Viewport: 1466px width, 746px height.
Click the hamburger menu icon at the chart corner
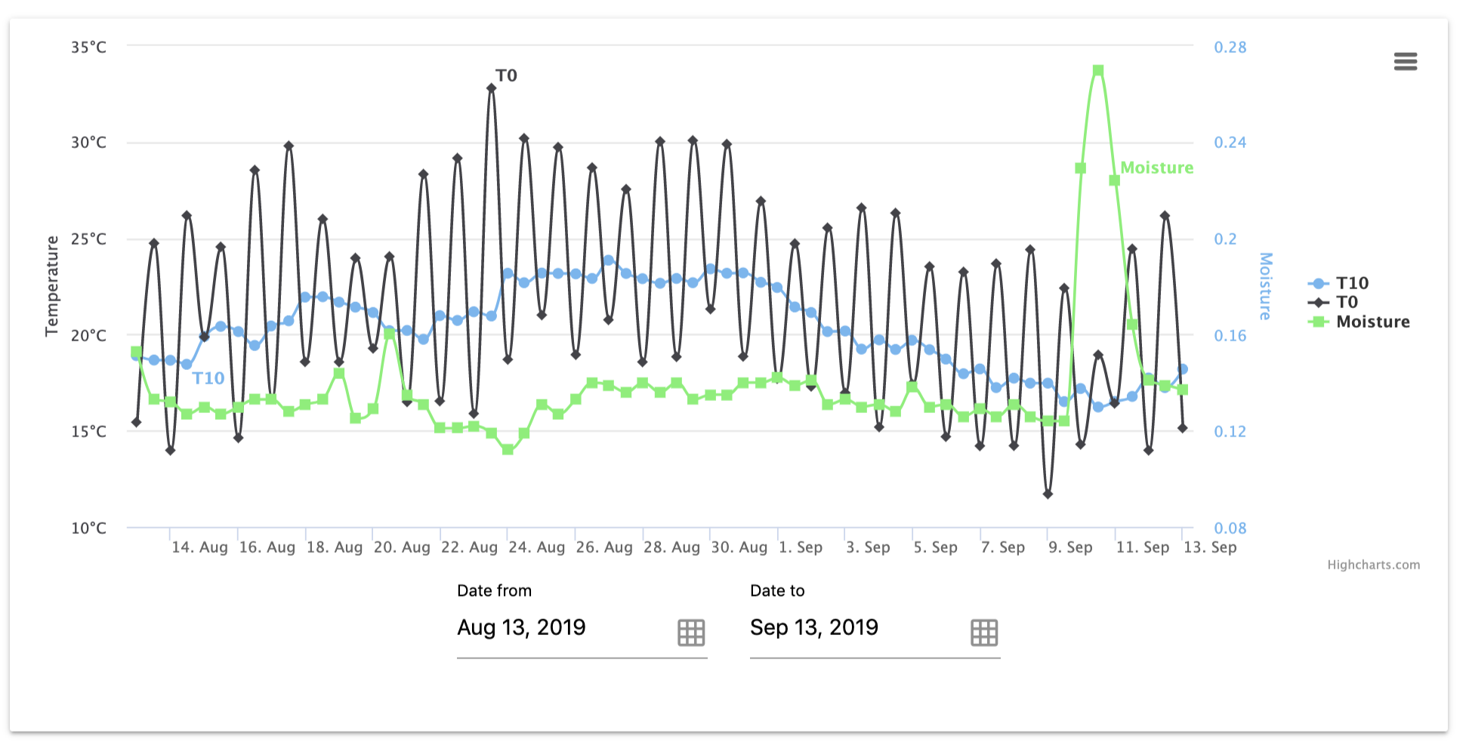click(1405, 61)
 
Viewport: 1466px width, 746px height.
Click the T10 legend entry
click(1351, 283)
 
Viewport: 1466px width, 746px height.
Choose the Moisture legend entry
click(1372, 322)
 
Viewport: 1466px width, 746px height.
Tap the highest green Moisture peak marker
click(1098, 70)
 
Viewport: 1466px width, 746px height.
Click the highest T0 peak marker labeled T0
click(492, 88)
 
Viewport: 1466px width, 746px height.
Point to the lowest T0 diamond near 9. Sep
click(1048, 494)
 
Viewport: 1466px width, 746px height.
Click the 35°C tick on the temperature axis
click(88, 47)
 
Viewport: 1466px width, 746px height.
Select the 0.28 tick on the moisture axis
click(1230, 47)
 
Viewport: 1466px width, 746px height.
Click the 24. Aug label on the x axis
click(536, 547)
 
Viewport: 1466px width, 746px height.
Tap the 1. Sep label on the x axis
click(800, 547)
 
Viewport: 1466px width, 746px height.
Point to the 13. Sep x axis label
click(1209, 547)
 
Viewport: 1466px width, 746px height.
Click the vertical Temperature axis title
click(51, 285)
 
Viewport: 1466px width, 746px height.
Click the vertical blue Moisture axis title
click(1266, 285)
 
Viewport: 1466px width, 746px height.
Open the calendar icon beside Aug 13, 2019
click(690, 632)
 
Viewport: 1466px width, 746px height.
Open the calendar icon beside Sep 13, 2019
click(983, 632)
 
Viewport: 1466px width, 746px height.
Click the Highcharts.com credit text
click(1373, 565)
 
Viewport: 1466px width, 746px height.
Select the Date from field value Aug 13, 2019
click(521, 627)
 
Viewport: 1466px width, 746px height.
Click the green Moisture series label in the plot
click(1156, 168)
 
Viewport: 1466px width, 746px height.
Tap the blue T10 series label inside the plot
click(208, 378)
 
